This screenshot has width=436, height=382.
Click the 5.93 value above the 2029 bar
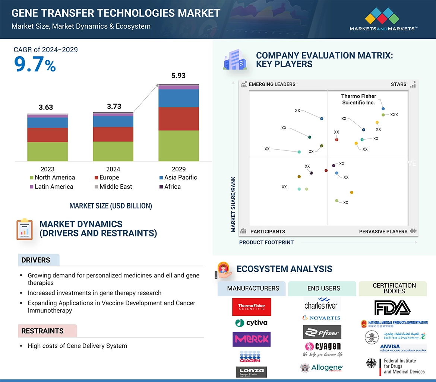coord(178,76)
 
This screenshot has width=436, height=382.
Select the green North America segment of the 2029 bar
coord(178,146)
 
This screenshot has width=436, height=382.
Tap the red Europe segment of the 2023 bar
coord(47,135)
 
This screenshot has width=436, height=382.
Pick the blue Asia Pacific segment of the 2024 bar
coord(113,121)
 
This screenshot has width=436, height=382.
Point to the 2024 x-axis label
coord(113,169)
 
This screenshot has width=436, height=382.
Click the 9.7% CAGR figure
coord(35,64)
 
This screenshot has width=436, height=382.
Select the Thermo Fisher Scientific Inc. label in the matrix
coord(358,99)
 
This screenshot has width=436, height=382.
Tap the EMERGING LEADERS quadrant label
coord(272,84)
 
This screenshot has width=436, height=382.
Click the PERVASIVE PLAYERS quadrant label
coord(383,231)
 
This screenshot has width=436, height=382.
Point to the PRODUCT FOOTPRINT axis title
coord(266,242)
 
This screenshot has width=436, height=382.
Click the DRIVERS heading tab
coord(36,260)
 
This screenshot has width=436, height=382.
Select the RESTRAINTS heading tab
coord(42,331)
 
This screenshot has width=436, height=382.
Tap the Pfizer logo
coord(322,332)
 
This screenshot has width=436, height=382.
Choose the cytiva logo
coord(251,322)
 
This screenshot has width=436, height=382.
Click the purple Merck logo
coord(252,339)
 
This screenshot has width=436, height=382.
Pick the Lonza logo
coord(252,372)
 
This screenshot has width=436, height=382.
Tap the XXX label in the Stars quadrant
coord(394,115)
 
